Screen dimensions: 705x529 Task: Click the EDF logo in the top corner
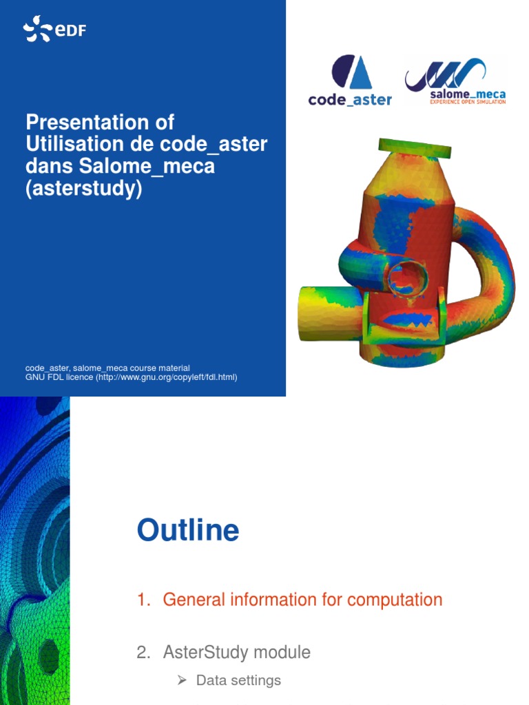pyautogui.click(x=54, y=30)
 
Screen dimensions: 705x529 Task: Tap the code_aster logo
pyautogui.click(x=350, y=81)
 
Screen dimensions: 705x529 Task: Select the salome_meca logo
pyautogui.click(x=455, y=81)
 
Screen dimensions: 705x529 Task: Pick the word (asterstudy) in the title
pyautogui.click(x=83, y=189)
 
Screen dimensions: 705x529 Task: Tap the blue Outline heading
pyautogui.click(x=188, y=530)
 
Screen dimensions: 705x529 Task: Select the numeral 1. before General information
pyautogui.click(x=143, y=600)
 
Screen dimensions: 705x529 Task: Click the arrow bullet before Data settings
pyautogui.click(x=182, y=680)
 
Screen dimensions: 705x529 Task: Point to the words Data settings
pyautogui.click(x=238, y=680)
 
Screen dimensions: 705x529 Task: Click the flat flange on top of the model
pyautogui.click(x=415, y=147)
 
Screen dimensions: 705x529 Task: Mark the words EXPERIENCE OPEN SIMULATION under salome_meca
pyautogui.click(x=466, y=101)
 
